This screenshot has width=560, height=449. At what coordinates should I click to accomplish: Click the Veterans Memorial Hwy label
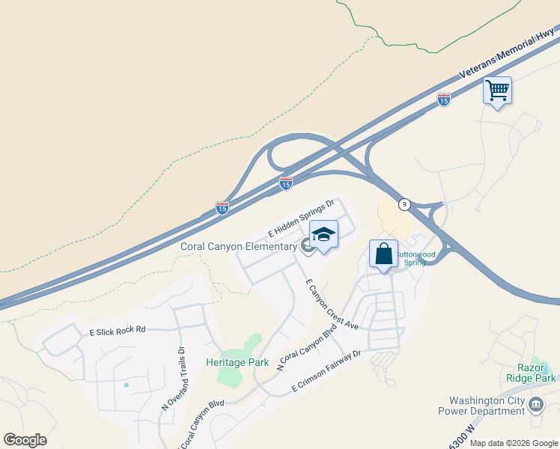click(x=508, y=58)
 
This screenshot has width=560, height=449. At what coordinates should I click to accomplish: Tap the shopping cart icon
click(x=498, y=91)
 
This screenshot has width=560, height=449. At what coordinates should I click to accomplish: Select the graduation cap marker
click(x=323, y=236)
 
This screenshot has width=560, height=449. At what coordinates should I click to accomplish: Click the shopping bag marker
click(x=383, y=254)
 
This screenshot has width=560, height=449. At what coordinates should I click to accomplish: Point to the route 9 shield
click(x=404, y=204)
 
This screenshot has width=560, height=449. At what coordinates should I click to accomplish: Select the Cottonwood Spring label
click(x=413, y=258)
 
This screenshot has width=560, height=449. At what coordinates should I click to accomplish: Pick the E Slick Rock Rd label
click(x=118, y=330)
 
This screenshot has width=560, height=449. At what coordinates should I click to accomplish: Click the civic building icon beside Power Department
click(x=536, y=405)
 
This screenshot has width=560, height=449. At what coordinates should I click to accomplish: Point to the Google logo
click(x=25, y=440)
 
